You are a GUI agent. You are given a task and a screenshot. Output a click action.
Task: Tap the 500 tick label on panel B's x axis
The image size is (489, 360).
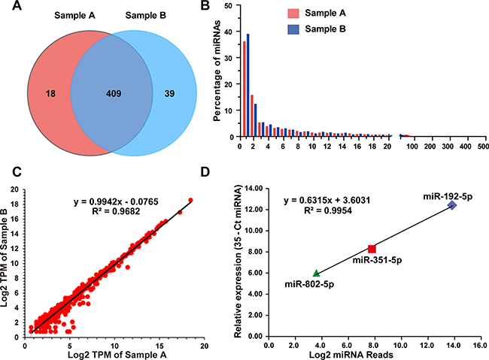point(482,147)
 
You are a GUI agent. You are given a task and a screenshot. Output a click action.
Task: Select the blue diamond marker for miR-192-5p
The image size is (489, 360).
point(451,205)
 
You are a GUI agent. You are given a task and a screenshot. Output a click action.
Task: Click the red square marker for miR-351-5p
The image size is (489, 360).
point(372,249)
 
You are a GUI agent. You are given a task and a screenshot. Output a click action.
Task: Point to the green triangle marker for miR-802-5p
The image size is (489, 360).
point(316,273)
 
